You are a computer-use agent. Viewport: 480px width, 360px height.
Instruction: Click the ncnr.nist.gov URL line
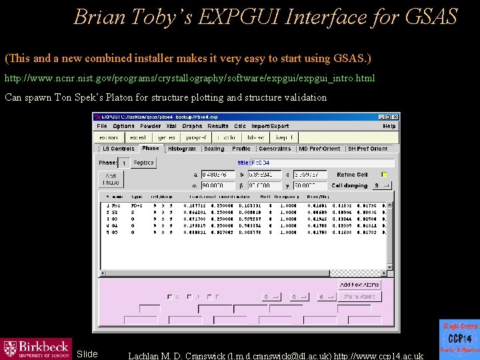pyautogui.click(x=189, y=79)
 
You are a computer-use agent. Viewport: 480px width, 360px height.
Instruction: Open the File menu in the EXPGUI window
pyautogui.click(x=102, y=126)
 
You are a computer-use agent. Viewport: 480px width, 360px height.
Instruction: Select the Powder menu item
pyautogui.click(x=150, y=126)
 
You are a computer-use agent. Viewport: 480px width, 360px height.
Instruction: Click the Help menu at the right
pyautogui.click(x=389, y=126)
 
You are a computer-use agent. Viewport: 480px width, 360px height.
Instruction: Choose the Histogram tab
pyautogui.click(x=182, y=149)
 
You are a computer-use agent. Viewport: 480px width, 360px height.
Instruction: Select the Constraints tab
pyautogui.click(x=275, y=149)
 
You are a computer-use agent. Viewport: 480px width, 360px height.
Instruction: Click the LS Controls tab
pyautogui.click(x=118, y=149)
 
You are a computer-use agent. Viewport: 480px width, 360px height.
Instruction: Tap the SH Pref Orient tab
pyautogui.click(x=367, y=149)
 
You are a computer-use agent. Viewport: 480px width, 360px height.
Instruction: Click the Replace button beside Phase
pyautogui.click(x=143, y=163)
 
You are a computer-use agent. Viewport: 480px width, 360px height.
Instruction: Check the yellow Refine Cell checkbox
pyautogui.click(x=384, y=175)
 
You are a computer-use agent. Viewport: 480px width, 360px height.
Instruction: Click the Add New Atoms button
pyautogui.click(x=359, y=285)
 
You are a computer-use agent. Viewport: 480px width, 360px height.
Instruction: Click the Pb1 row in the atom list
pyautogui.click(x=200, y=206)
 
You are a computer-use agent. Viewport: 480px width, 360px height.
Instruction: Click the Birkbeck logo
pyautogui.click(x=37, y=347)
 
